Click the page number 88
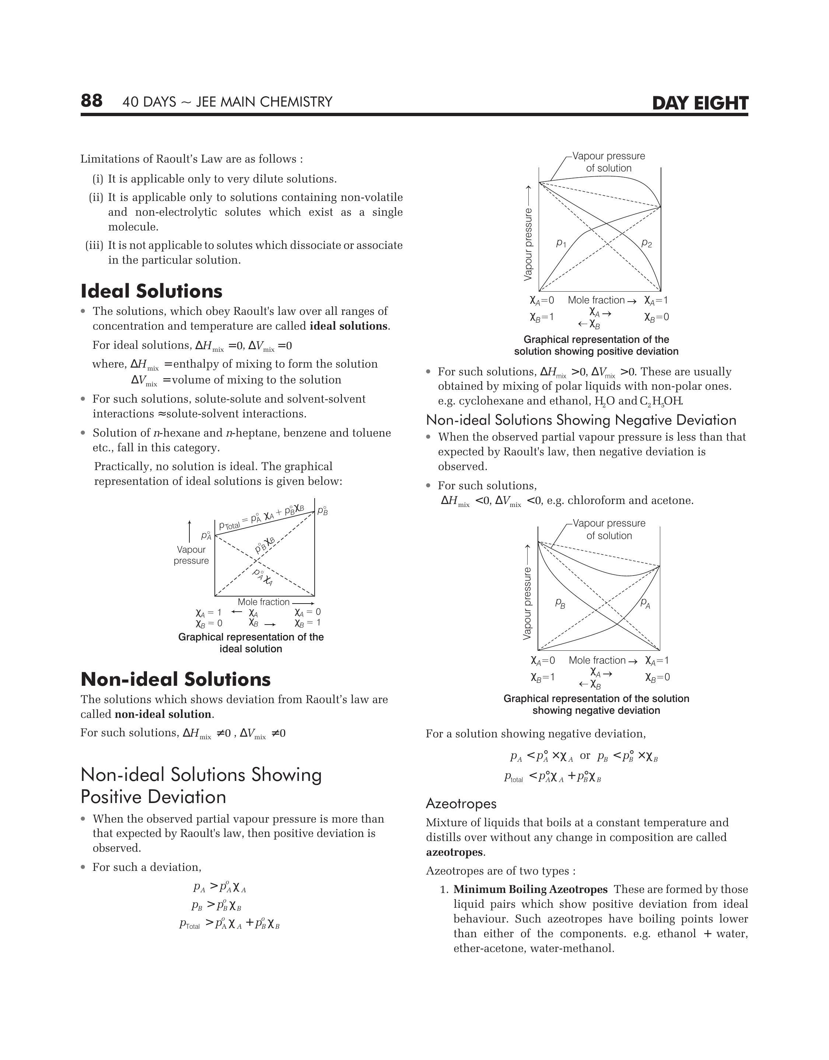point(91,101)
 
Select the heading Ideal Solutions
point(151,291)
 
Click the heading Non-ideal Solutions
point(175,679)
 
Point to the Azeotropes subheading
point(461,804)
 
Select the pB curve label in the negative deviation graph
point(560,604)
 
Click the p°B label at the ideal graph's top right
point(323,511)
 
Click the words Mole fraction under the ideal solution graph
point(263,602)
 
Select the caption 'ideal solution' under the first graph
point(251,649)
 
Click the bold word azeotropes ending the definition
point(454,852)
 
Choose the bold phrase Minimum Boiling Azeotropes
point(530,890)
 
